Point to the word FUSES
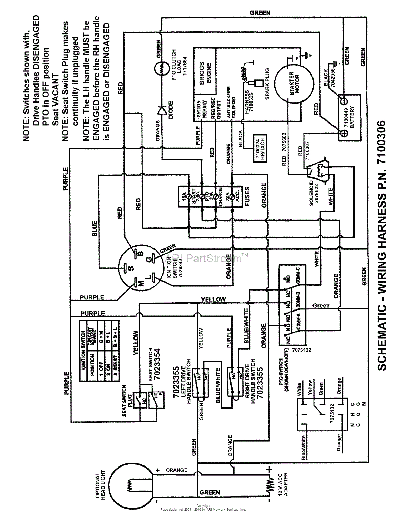tap(247, 196)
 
